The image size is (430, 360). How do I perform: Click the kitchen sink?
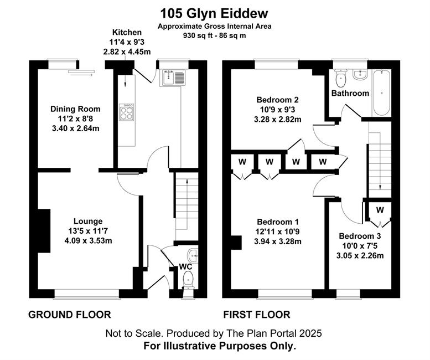coord(174,78)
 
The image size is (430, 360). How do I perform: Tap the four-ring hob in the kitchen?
coord(126,112)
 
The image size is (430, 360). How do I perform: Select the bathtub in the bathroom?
coord(381,92)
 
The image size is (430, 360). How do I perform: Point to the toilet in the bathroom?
coord(340,78)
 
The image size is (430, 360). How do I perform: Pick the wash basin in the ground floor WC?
coord(193,255)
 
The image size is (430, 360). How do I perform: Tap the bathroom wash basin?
coord(360,74)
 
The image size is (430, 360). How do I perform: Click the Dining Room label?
coord(75,109)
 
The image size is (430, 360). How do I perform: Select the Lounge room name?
coord(88,221)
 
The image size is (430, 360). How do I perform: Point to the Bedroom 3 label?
coord(360,236)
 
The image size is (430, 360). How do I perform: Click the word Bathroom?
coord(350,93)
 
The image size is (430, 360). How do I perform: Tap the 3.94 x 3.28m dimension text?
coord(278,241)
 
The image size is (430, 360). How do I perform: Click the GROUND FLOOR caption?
coord(70,315)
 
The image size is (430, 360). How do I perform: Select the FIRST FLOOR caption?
coord(257,315)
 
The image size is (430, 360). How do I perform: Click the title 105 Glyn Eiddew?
coord(214,13)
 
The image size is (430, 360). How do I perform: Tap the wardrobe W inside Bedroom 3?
coord(380,210)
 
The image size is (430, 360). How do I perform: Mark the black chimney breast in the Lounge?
coord(44,231)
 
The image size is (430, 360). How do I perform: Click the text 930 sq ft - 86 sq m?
coord(215,35)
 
